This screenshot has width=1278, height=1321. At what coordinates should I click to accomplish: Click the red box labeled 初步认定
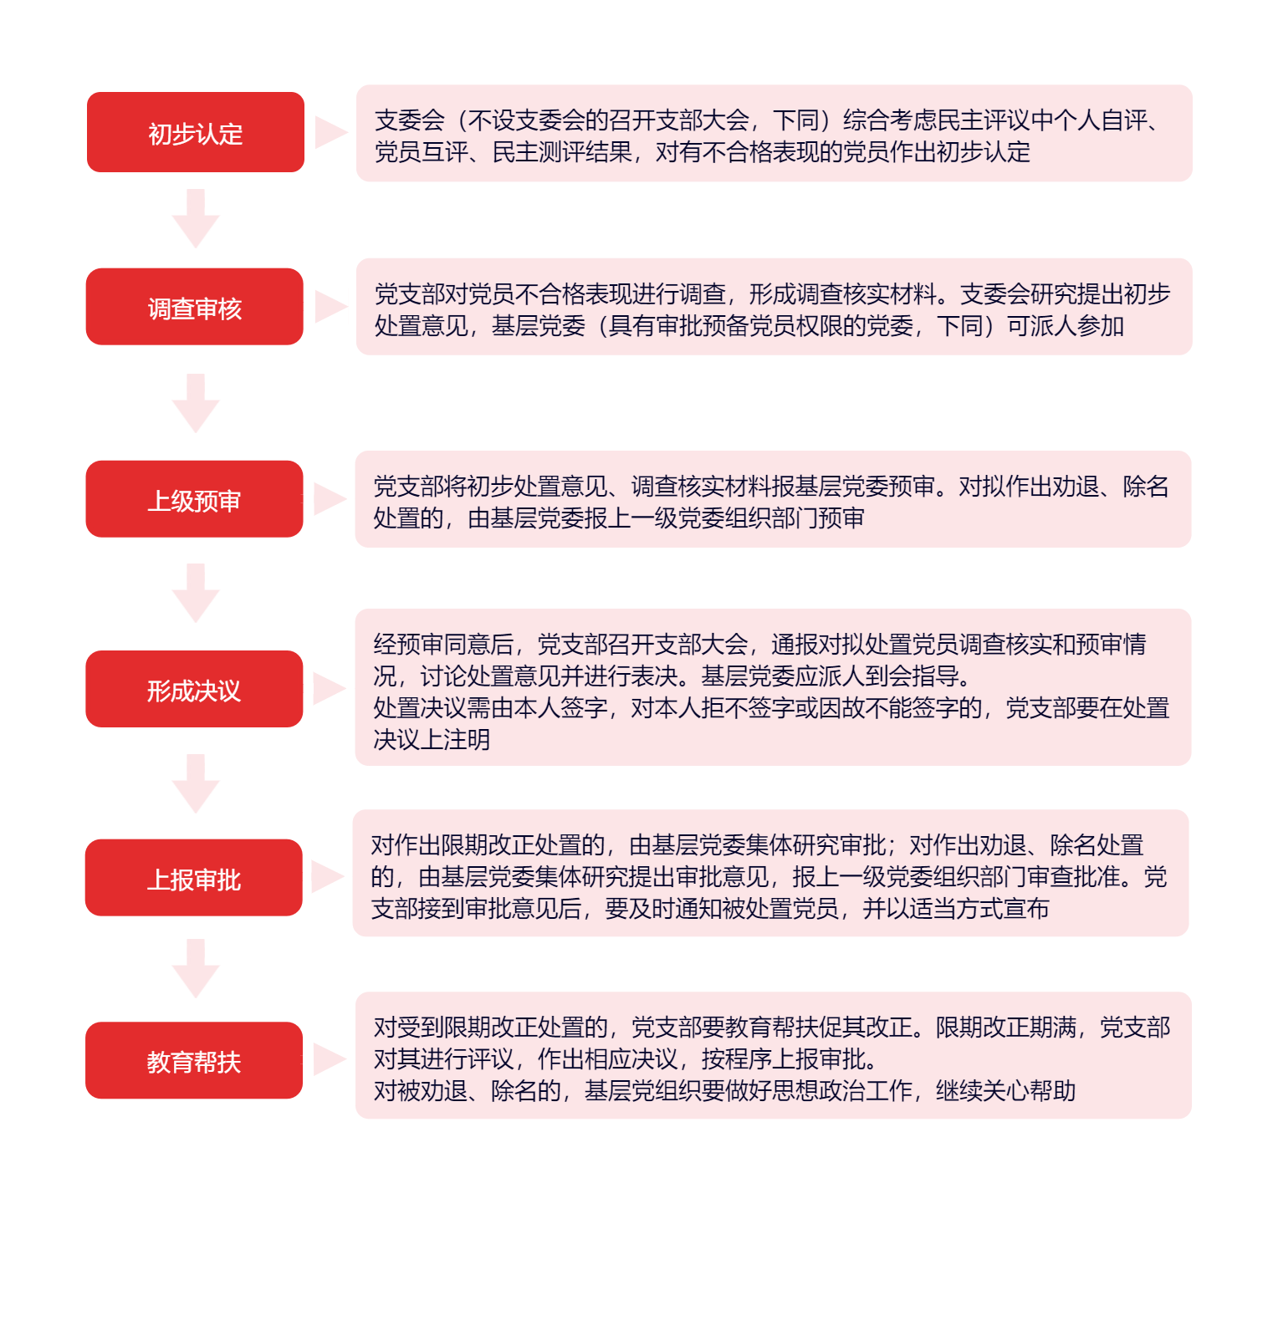196,132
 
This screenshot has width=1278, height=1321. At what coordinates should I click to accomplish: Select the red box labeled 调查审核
195,307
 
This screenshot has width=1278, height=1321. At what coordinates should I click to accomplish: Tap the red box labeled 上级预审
195,499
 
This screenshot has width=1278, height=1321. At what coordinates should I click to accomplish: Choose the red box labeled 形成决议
194,689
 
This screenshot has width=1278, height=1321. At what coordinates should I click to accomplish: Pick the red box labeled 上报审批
194,878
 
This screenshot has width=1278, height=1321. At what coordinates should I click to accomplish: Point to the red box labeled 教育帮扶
194,1060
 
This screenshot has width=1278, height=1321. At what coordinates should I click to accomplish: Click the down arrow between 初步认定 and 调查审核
196,219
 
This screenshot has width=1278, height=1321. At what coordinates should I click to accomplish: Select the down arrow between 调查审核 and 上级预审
196,404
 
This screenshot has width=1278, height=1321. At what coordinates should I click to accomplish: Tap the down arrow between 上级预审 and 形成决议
196,594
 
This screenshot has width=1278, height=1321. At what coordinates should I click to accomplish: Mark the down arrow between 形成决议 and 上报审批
196,784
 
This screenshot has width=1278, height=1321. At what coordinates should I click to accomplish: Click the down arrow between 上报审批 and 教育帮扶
196,969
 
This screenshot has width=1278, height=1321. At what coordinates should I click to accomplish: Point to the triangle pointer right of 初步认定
331,133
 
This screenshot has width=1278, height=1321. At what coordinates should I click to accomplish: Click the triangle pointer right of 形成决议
330,689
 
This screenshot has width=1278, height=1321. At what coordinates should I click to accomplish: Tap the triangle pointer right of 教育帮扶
330,1059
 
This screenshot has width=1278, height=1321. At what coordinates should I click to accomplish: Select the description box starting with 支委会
774,133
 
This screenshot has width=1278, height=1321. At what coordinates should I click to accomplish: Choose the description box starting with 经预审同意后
774,687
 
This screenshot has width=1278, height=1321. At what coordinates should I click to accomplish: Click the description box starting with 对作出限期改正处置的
771,873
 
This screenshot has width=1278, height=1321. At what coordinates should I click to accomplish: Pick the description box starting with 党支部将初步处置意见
774,499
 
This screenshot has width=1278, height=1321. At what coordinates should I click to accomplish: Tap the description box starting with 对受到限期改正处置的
774,1056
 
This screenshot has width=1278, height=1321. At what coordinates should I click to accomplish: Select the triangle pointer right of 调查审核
331,307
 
